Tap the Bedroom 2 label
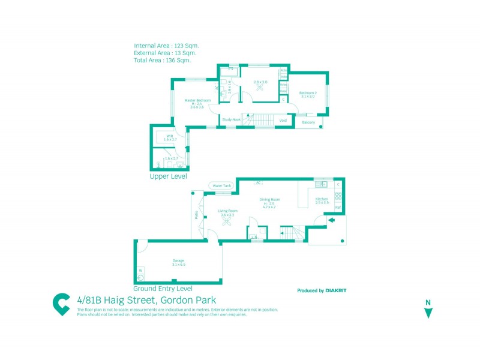[308, 93]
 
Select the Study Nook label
[231, 120]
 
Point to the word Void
[283, 120]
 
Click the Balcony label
[308, 122]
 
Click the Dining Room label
[269, 200]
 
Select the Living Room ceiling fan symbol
[227, 221]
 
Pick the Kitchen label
[322, 199]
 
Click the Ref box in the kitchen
[338, 208]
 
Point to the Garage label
[178, 260]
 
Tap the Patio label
[196, 215]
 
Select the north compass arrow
[428, 312]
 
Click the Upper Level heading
[168, 177]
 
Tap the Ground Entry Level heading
[163, 289]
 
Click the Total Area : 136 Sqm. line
[162, 60]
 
